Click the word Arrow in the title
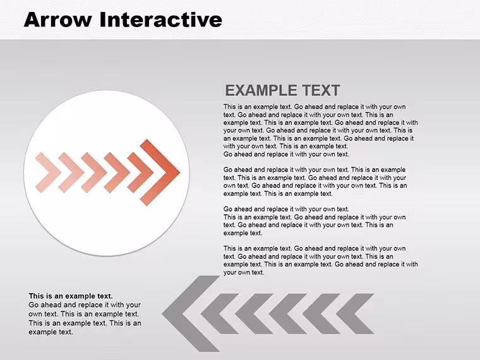click(x=58, y=20)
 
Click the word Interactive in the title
click(x=161, y=20)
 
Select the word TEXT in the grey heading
click(x=321, y=90)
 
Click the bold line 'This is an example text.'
click(x=71, y=296)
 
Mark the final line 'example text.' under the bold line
click(x=51, y=332)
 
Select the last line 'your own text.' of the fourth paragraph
click(x=243, y=272)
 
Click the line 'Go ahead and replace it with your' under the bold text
click(x=85, y=305)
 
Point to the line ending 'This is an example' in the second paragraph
click(x=315, y=170)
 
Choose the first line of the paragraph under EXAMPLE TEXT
click(x=315, y=107)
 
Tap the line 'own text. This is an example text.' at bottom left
click(x=84, y=314)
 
